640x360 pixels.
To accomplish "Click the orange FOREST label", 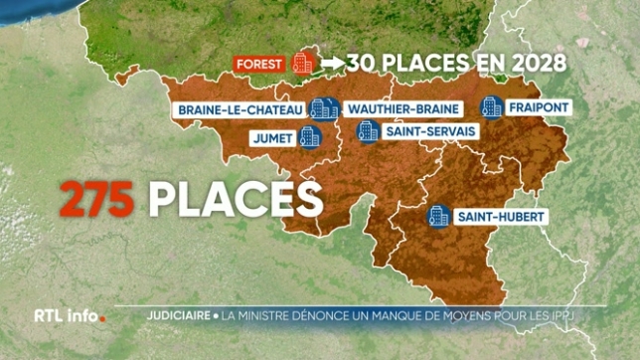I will pos(260,63).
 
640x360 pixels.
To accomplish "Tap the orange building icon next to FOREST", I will pos(303,63).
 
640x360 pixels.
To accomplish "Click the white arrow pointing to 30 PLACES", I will pos(332,63).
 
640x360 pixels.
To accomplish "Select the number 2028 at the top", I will pos(536,63).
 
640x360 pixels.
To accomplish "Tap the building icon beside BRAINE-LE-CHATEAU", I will pos(321,108).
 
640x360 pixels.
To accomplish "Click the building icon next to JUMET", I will pos(309,136).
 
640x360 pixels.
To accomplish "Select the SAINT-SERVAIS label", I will pos(417,130).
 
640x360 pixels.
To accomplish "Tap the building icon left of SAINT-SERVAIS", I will pos(368,130).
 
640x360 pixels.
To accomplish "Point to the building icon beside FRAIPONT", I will pos(491,107).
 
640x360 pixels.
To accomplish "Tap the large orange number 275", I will pos(97,199).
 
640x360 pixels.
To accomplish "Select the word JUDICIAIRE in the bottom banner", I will pos(174,318).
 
